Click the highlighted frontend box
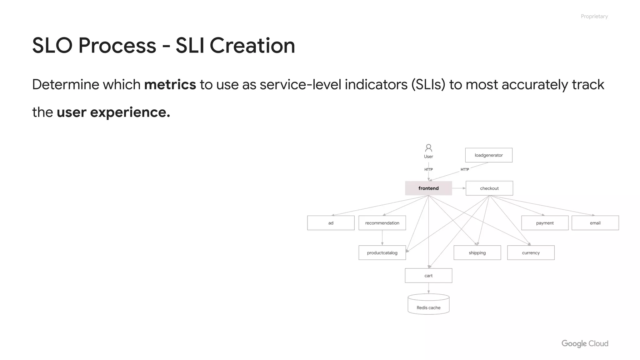(x=428, y=188)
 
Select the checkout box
(x=489, y=188)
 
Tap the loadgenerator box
(x=488, y=155)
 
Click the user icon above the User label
(x=428, y=147)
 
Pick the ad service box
(x=331, y=223)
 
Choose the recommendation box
(x=382, y=223)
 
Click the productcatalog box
(x=382, y=252)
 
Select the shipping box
(x=477, y=252)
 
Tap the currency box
(x=531, y=252)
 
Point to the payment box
(x=545, y=223)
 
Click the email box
(x=595, y=223)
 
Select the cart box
(x=428, y=275)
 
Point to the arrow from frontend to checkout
(x=459, y=188)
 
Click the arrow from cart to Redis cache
(x=428, y=288)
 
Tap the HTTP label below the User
(x=428, y=169)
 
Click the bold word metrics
(x=170, y=84)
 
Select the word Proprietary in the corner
(x=594, y=16)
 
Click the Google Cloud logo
(x=585, y=343)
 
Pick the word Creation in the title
(x=252, y=46)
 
